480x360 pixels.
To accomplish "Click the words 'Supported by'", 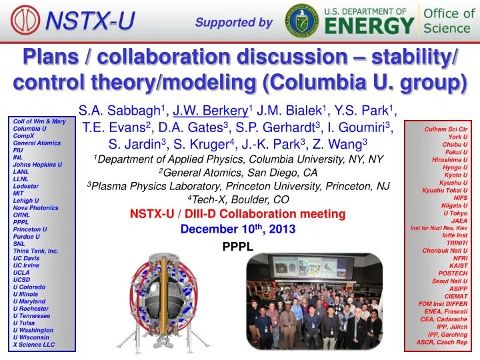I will point(234,23).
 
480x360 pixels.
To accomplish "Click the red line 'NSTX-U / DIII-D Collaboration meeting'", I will point(237,214).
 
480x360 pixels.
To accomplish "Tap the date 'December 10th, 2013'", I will point(238,229).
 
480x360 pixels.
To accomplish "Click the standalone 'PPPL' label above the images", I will point(237,246).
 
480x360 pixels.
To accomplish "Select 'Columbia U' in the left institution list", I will point(30,128).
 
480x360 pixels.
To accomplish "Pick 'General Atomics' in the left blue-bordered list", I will point(37,143).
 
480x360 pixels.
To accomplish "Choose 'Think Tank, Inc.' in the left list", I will point(36,251).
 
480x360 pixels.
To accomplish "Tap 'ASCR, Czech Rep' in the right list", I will point(442,341).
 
